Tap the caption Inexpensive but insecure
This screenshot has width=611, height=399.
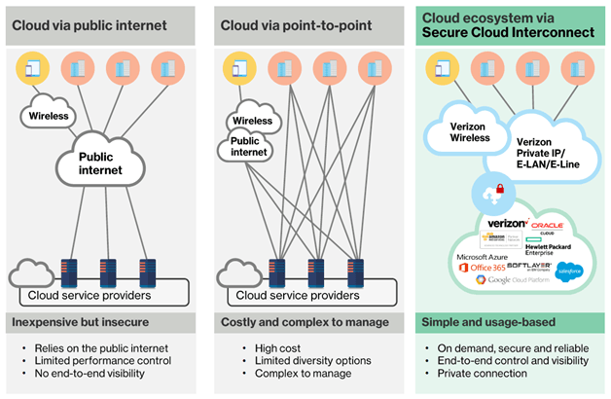[x=79, y=320]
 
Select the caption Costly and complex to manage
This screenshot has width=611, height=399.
[x=298, y=320]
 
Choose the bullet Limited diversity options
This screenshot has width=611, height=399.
[x=301, y=360]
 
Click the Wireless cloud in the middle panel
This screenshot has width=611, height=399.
[x=252, y=122]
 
